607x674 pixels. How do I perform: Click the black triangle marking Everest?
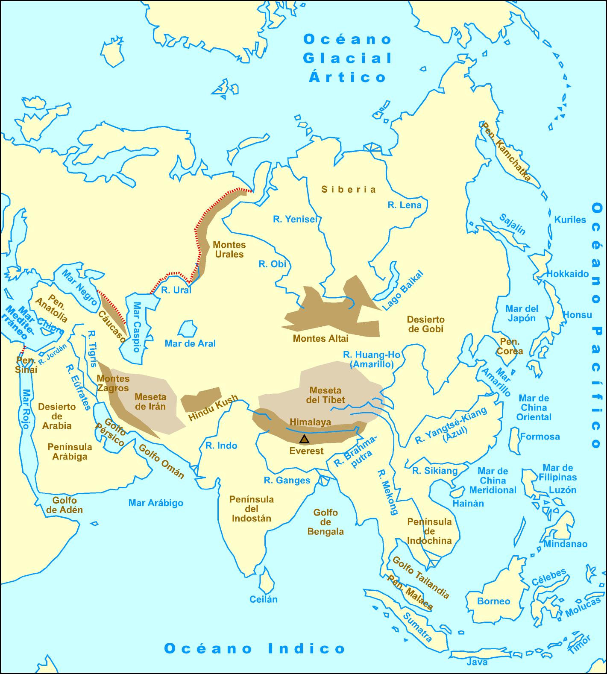coord(304,439)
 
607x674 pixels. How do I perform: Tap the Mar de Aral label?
coord(190,343)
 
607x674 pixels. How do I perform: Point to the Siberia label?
coord(349,190)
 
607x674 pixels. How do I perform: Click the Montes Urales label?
coord(229,249)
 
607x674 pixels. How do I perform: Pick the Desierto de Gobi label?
coord(425,324)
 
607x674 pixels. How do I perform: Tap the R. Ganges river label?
coord(287,480)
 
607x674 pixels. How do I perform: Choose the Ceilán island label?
coord(264,599)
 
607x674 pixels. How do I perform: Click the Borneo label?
coord(494,601)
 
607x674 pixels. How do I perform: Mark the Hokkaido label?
coord(568,274)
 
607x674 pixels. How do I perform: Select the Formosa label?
coord(540,437)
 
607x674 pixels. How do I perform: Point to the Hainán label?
coord(468,503)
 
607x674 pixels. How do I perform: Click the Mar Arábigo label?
coord(156,503)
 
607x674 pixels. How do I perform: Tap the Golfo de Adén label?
coord(65,505)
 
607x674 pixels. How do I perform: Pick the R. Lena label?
coord(405,205)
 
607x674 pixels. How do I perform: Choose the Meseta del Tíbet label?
coord(325,395)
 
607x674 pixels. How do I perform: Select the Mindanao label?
coord(565,544)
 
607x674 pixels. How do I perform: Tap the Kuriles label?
coord(570,220)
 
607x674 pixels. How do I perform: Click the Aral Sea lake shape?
coord(187,329)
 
